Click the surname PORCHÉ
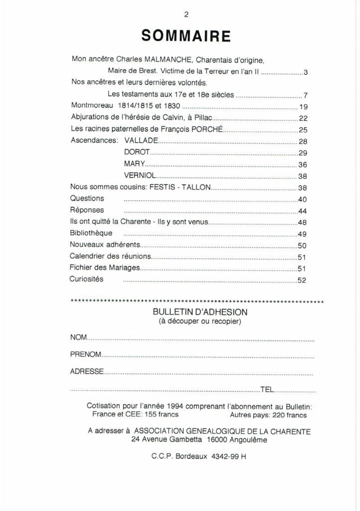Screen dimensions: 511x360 point(207,130)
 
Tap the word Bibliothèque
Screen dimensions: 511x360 point(91,233)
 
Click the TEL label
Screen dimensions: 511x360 point(267,389)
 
